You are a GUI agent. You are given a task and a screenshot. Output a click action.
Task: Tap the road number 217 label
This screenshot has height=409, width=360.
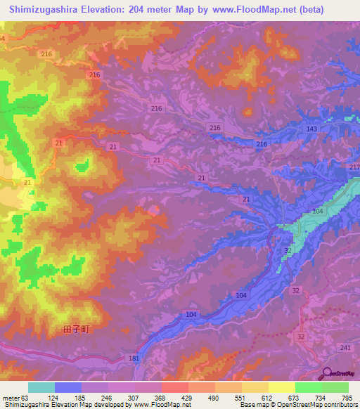(354, 166)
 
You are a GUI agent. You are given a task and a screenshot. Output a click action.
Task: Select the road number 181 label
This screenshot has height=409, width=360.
(134, 358)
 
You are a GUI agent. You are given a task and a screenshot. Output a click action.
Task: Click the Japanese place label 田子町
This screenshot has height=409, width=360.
(77, 328)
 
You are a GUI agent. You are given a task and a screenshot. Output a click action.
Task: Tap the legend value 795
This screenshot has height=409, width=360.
(347, 397)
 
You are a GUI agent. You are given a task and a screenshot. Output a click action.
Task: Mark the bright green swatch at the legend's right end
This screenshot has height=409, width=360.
(335, 387)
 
